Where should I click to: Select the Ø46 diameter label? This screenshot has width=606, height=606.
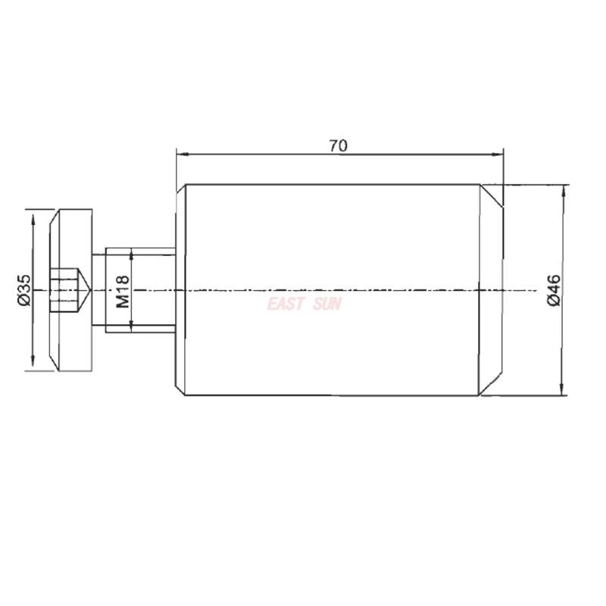(x=553, y=290)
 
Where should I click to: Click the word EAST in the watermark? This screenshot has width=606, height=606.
(x=286, y=304)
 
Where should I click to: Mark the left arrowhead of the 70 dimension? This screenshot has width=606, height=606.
(x=180, y=155)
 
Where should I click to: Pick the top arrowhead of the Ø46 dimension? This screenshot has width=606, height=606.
(x=561, y=190)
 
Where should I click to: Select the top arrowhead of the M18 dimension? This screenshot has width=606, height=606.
(x=132, y=253)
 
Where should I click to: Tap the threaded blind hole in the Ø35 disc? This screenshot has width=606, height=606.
(x=64, y=290)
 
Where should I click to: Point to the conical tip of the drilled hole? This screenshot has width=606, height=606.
(x=87, y=290)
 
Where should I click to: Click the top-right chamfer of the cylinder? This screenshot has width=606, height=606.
(x=493, y=195)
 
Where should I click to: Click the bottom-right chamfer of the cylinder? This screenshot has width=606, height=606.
(x=493, y=386)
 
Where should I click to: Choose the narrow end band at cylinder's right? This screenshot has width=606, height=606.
(x=490, y=290)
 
